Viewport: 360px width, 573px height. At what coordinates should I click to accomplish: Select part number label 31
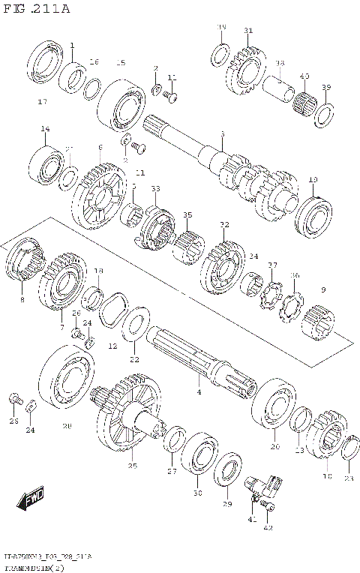[248, 31]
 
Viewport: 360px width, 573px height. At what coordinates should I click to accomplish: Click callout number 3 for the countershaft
[222, 133]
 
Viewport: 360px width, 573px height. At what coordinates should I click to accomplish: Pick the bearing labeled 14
[46, 163]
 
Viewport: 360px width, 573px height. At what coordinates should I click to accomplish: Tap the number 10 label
[313, 180]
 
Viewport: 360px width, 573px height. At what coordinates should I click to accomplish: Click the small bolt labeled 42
[272, 508]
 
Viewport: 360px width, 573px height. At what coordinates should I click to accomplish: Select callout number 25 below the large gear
[133, 466]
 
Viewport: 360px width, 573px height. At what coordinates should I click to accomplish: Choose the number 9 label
[323, 290]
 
